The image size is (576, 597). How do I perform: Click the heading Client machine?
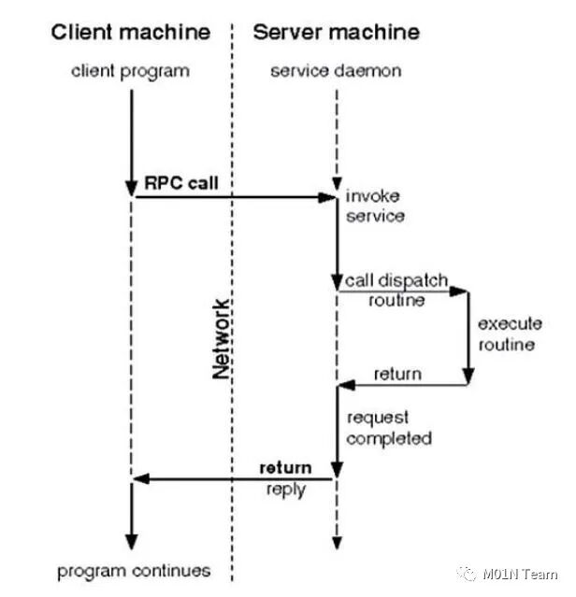click(130, 33)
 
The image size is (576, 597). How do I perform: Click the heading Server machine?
click(336, 33)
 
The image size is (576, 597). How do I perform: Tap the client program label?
click(130, 71)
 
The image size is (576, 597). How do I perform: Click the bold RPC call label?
click(180, 183)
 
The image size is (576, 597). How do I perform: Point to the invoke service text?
click(375, 206)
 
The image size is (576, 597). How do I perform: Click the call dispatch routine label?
click(396, 291)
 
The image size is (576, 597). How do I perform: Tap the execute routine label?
click(510, 334)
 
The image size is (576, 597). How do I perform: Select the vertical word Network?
click(221, 338)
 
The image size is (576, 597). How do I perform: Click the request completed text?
click(389, 428)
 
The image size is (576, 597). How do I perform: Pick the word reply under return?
click(285, 490)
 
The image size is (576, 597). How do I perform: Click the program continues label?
click(134, 570)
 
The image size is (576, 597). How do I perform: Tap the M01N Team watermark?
click(520, 574)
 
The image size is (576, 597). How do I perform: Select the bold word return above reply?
click(285, 467)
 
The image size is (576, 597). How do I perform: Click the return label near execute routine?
click(397, 374)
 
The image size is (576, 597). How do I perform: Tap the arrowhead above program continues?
click(131, 541)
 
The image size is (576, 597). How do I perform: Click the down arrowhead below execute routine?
click(468, 377)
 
